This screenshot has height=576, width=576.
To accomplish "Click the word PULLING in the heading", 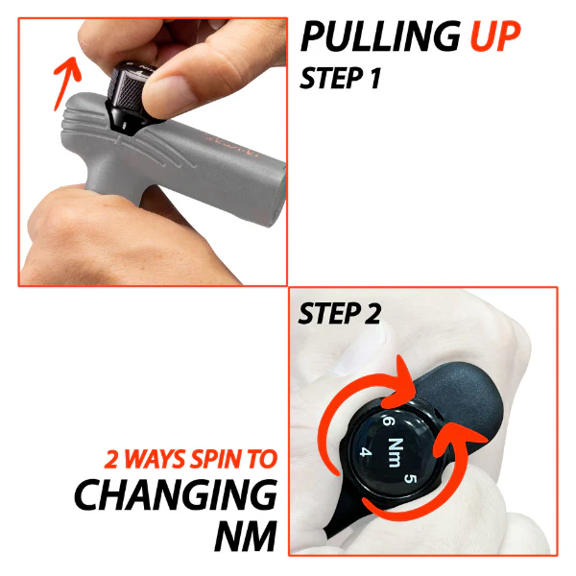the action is click(380, 36).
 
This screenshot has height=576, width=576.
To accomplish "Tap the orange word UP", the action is click(495, 36).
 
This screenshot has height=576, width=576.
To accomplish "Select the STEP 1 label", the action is click(340, 78).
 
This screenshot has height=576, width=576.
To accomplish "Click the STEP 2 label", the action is click(339, 313).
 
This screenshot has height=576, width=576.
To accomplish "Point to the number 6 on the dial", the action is click(388, 420).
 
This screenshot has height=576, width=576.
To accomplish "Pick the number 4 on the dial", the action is click(366, 451).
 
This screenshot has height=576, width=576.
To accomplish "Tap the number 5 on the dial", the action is click(411, 478).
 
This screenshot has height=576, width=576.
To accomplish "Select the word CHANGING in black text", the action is click(176, 494).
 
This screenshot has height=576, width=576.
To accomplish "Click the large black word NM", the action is click(246, 536).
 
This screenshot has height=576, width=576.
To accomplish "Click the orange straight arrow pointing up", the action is click(66, 83).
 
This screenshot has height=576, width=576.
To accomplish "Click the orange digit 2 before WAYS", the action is click(111, 459).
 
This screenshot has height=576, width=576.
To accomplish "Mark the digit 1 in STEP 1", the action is click(374, 78).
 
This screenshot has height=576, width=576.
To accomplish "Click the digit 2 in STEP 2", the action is click(372, 313).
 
